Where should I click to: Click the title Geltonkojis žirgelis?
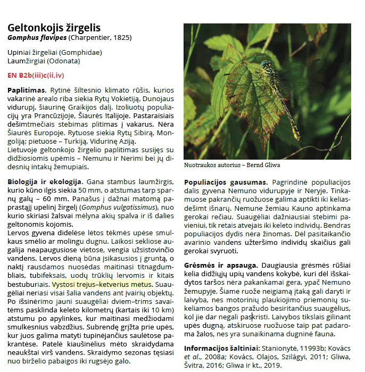click(54, 28)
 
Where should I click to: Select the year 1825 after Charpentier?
click(120, 38)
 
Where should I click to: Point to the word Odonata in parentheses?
click(66, 61)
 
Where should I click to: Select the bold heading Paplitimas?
click(27, 90)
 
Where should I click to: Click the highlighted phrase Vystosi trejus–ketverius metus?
click(102, 284)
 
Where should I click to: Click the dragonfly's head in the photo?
click(264, 65)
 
